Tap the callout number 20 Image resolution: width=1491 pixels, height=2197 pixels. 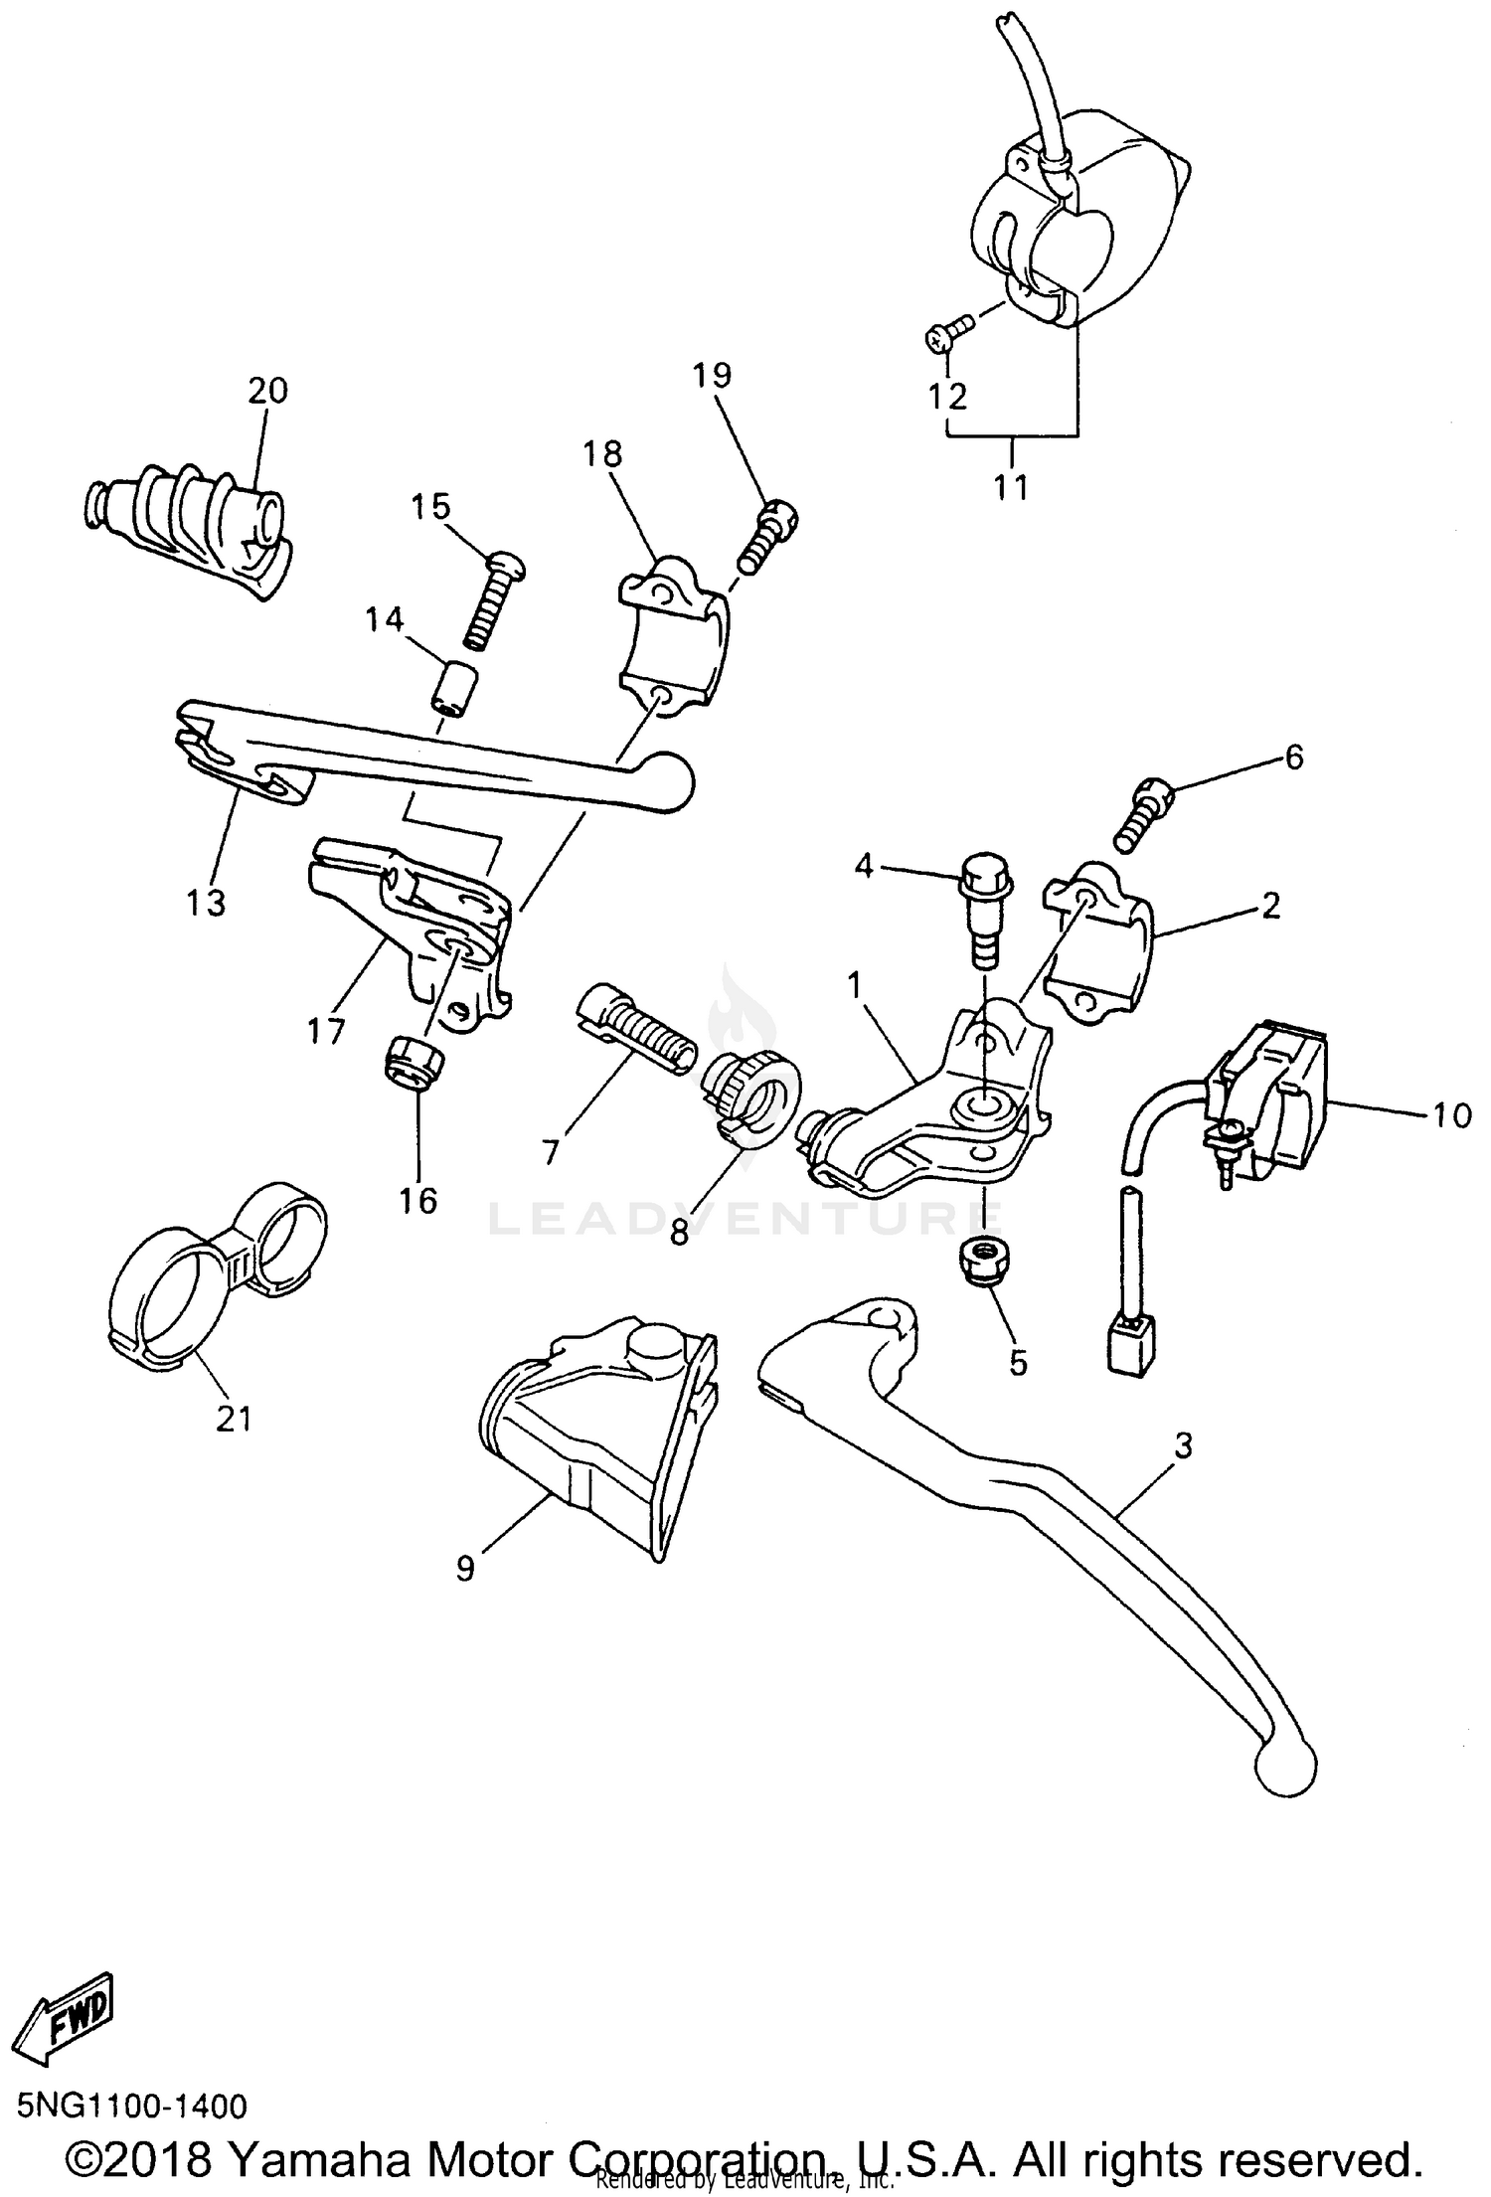pos(267,391)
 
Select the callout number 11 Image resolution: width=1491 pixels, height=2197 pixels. pos(1011,488)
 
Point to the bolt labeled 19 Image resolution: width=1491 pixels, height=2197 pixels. pos(768,536)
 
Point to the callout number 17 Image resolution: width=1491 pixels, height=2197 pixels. pos(325,1031)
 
